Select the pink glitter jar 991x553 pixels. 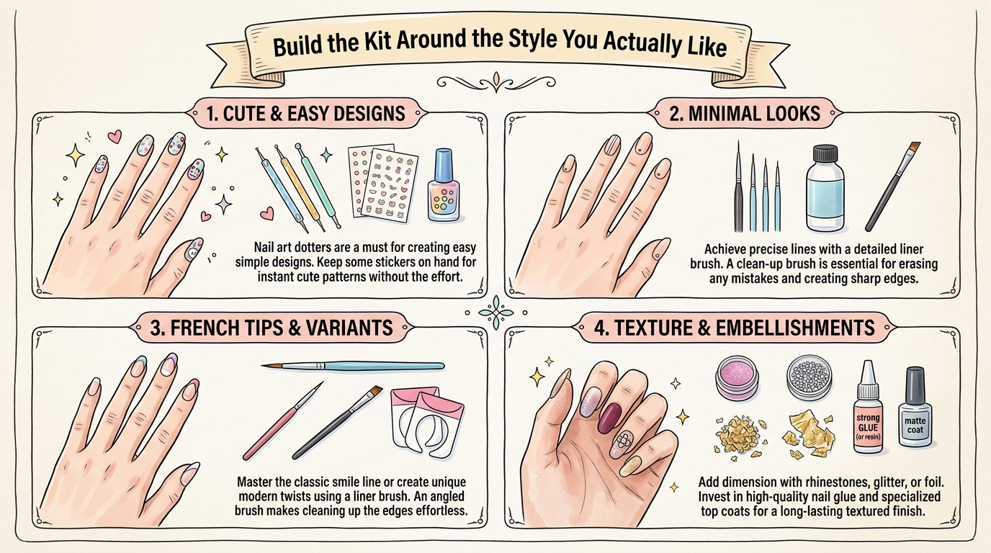coord(739,381)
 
